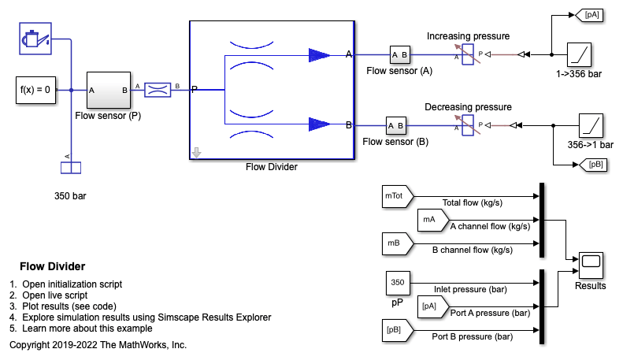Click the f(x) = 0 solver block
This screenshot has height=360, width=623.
click(35, 91)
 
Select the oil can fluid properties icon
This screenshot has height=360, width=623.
click(35, 39)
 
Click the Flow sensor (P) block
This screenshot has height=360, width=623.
click(109, 91)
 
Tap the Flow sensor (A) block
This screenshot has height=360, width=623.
click(399, 55)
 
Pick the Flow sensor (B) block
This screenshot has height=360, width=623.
click(395, 125)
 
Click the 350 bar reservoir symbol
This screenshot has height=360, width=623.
click(71, 168)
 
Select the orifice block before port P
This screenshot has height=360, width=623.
click(158, 90)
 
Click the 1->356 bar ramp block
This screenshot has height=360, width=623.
click(579, 55)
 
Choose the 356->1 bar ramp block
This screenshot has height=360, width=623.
click(591, 125)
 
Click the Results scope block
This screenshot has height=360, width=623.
click(591, 265)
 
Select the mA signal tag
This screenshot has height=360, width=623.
click(433, 220)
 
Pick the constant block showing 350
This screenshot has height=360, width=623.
click(398, 284)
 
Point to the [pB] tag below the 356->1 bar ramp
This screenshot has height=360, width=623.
click(593, 165)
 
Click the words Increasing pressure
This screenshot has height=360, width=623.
click(468, 36)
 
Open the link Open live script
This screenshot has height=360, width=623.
click(55, 295)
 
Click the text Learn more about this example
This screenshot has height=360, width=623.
click(87, 328)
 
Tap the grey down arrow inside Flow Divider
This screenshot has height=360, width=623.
click(196, 153)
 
